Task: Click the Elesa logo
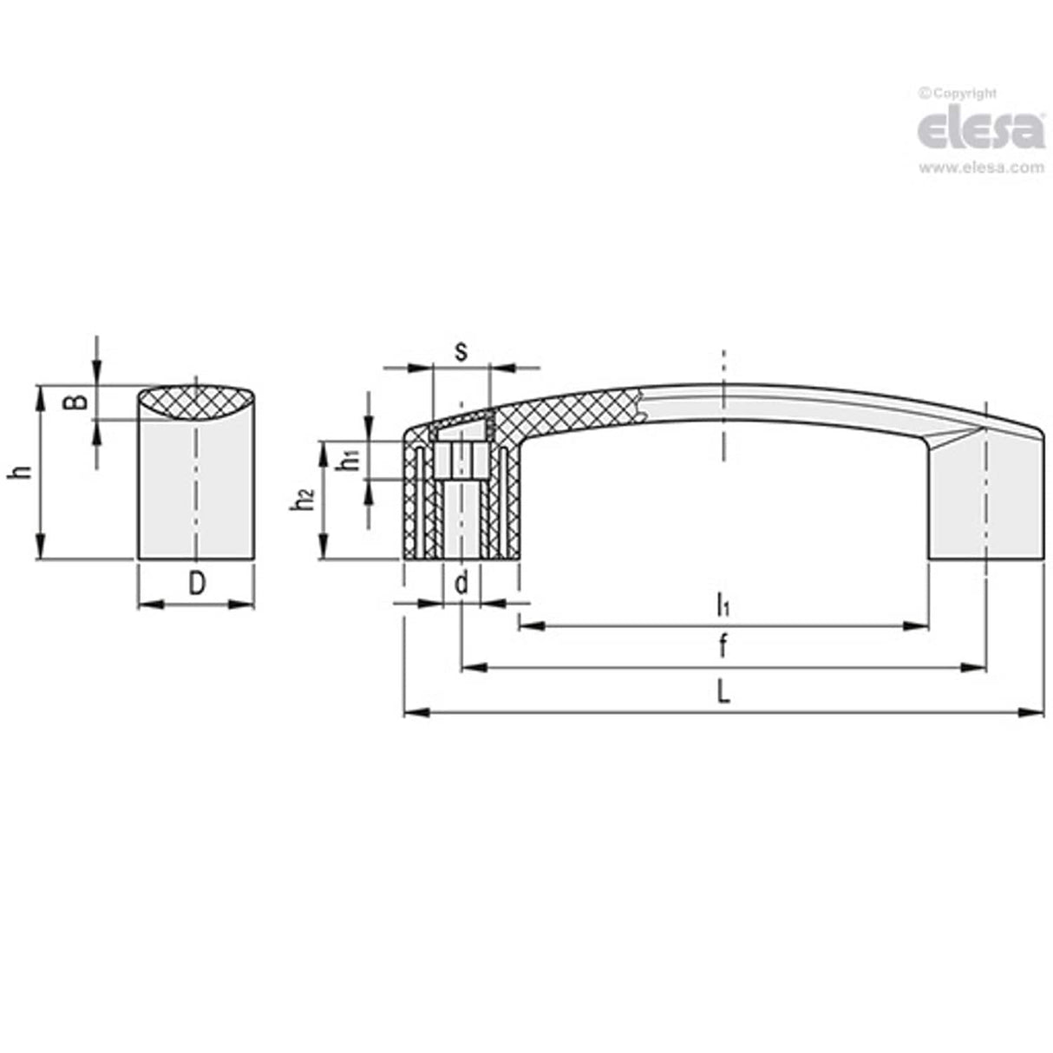(x=980, y=130)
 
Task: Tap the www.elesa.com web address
(x=980, y=168)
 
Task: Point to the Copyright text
(x=958, y=94)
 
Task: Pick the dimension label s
(x=461, y=351)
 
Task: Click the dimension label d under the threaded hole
(x=461, y=583)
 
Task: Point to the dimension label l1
(x=722, y=604)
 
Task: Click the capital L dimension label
(x=722, y=692)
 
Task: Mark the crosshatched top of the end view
(x=197, y=403)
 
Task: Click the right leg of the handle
(x=985, y=503)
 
